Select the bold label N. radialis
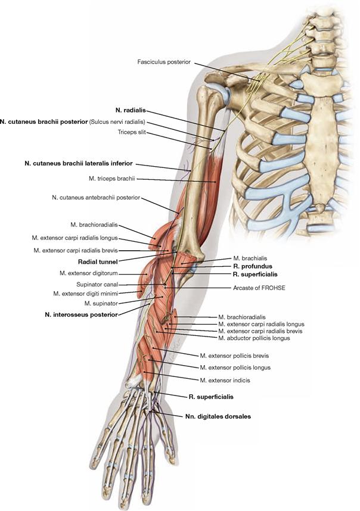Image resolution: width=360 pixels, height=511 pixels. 130,110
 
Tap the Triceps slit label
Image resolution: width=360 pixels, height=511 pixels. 131,133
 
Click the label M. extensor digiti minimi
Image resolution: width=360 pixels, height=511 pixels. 85,294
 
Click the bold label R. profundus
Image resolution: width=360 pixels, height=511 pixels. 253,266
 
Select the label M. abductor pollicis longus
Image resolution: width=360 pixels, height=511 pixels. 254,338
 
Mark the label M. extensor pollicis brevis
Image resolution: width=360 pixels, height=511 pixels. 233,355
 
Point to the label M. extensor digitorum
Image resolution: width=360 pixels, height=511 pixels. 87,273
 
